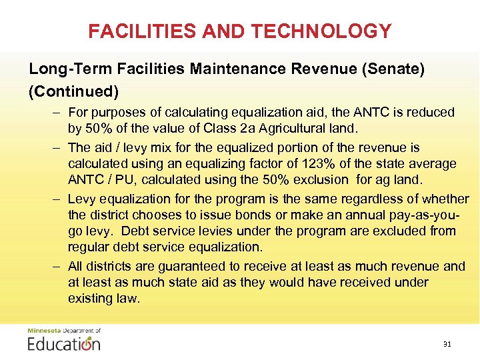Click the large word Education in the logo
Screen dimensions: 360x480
[64, 344]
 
